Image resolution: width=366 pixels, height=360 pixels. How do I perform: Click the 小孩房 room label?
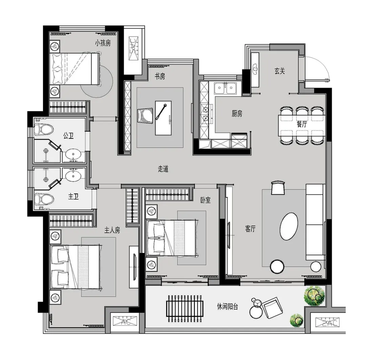coord(103,43)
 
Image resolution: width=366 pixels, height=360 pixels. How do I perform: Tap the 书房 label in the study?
coord(160,76)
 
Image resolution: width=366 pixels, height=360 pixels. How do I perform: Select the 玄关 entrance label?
coord(280,71)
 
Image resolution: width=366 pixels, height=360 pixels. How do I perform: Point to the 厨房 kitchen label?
coord(237,114)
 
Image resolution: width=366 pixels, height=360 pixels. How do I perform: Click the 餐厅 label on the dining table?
coord(302,124)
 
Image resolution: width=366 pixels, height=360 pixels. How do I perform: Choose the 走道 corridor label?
coord(163,169)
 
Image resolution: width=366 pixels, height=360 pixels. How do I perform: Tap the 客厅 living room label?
coord(250,229)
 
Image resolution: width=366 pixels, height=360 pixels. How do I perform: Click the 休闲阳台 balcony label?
coord(228,306)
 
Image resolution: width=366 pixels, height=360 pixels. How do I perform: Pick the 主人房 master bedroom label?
coord(112,230)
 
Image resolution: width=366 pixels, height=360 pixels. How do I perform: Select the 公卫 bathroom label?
coord(68,135)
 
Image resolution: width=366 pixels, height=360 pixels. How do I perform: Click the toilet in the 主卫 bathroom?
coord(44,199)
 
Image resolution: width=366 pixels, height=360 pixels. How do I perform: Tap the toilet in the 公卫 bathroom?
coord(44,130)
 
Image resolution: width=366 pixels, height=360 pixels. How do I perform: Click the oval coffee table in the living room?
coord(289,226)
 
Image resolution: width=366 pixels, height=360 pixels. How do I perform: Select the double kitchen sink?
coord(225,88)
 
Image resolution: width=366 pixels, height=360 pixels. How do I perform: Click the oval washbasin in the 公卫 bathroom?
coord(73,154)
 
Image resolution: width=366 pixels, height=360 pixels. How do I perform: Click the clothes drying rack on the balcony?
coord(184,309)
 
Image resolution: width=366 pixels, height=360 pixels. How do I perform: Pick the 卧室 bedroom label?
coord(205,200)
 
